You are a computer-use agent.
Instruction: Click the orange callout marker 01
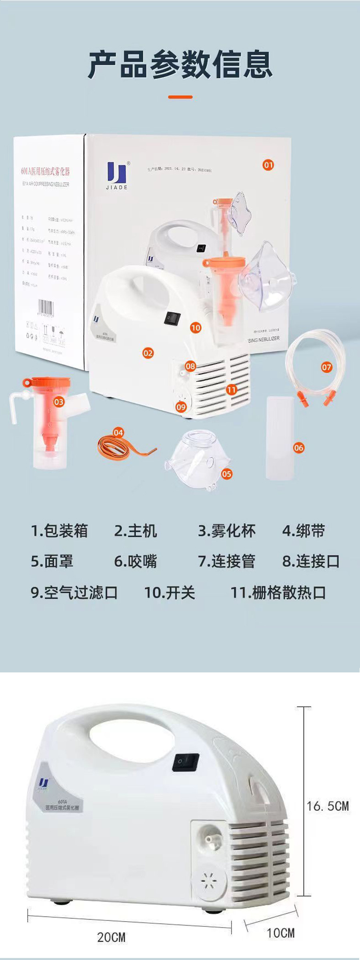268,165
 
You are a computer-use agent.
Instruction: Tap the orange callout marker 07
326,367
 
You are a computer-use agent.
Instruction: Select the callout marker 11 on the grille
232,390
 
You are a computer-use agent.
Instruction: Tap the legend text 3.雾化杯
227,531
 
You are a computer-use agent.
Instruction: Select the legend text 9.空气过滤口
74,592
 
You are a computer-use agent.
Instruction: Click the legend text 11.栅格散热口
278,592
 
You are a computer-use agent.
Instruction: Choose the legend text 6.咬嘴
136,561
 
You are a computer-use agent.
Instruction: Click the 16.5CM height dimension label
328,806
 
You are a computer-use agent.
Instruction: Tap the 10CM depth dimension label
281,933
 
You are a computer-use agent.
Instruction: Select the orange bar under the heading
180,97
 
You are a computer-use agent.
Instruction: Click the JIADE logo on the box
117,175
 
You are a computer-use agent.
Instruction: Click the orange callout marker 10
196,328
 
